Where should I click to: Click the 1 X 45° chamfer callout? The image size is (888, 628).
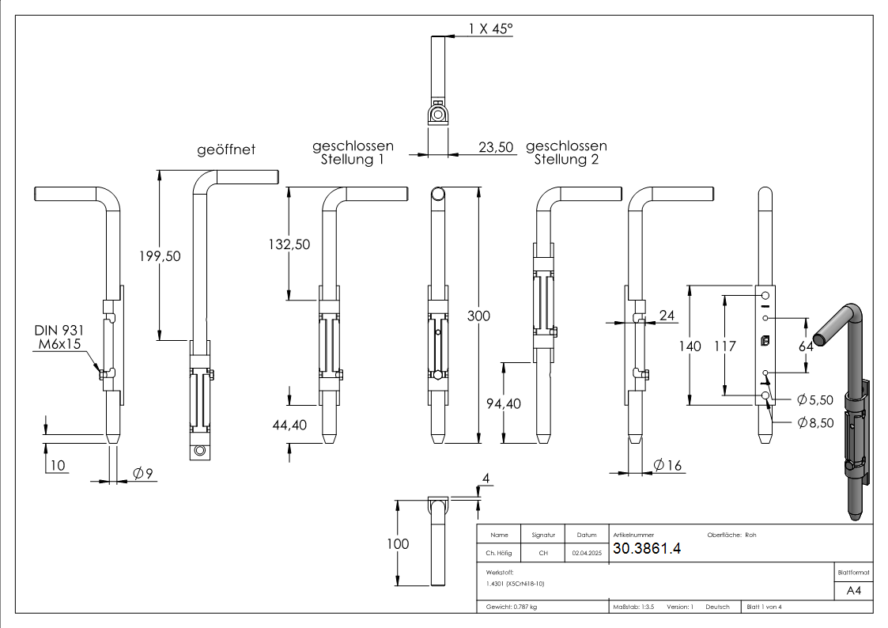pyautogui.click(x=490, y=29)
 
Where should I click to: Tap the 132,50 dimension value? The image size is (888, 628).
pyautogui.click(x=289, y=244)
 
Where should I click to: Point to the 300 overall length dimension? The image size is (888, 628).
pyautogui.click(x=478, y=316)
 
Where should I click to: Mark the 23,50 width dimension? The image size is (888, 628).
pyautogui.click(x=496, y=146)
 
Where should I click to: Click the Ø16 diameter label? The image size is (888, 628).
pyautogui.click(x=668, y=466)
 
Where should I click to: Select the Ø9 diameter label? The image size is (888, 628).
pyautogui.click(x=142, y=473)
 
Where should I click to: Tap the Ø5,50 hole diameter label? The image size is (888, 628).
pyautogui.click(x=816, y=399)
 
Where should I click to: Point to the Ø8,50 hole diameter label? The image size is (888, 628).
pyautogui.click(x=816, y=423)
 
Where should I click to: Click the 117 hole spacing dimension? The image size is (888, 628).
pyautogui.click(x=724, y=346)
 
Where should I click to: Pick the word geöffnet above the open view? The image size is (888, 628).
pyautogui.click(x=226, y=149)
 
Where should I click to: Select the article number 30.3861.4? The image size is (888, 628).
pyautogui.click(x=647, y=548)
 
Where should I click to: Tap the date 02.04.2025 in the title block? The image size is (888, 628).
pyautogui.click(x=587, y=554)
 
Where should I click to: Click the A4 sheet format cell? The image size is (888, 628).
pyautogui.click(x=853, y=591)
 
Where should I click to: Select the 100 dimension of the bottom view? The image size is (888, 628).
pyautogui.click(x=398, y=544)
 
